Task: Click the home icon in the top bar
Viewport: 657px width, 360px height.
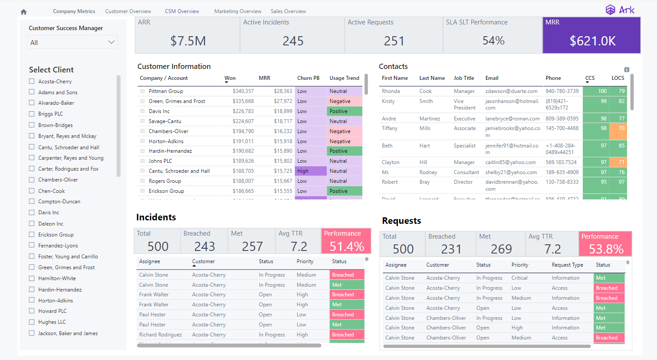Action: (24, 12)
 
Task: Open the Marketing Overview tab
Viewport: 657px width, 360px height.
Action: (238, 11)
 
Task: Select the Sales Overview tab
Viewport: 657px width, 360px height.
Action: (288, 11)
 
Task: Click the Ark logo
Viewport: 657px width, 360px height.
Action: (620, 10)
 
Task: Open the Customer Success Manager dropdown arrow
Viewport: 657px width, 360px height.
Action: (111, 42)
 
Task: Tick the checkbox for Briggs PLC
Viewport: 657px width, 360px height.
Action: (32, 114)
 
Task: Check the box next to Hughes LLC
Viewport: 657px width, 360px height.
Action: (32, 322)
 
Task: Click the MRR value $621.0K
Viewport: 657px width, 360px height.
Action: (592, 41)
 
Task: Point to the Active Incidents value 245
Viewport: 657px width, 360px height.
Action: (293, 41)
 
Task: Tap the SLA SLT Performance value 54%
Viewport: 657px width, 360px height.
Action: (493, 41)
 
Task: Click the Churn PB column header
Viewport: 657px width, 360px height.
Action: (308, 78)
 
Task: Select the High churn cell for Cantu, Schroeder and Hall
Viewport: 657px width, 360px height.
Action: (310, 171)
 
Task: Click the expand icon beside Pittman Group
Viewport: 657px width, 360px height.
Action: (142, 91)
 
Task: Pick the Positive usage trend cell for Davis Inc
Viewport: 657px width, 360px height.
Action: (345, 111)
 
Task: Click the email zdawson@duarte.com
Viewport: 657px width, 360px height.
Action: (511, 91)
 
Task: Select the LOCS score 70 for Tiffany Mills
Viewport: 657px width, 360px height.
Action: (618, 128)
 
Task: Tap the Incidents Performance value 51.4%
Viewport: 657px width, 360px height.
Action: (346, 247)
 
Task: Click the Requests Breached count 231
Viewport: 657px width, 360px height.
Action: (451, 249)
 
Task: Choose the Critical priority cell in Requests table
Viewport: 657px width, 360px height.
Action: (519, 278)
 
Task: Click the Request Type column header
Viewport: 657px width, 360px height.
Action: (567, 265)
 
